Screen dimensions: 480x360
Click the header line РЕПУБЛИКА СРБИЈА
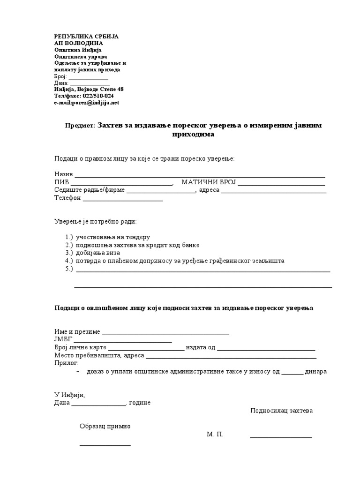pyautogui.click(x=86, y=36)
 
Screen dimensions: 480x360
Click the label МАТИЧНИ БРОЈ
pyautogui.click(x=207, y=182)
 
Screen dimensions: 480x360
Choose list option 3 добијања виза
pyautogui.click(x=97, y=253)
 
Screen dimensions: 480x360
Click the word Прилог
pyautogui.click(x=67, y=363)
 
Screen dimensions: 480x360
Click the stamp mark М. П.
pyautogui.click(x=215, y=435)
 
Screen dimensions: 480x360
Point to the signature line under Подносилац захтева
pyautogui.click(x=281, y=437)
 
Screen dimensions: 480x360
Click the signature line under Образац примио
pyautogui.click(x=105, y=444)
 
